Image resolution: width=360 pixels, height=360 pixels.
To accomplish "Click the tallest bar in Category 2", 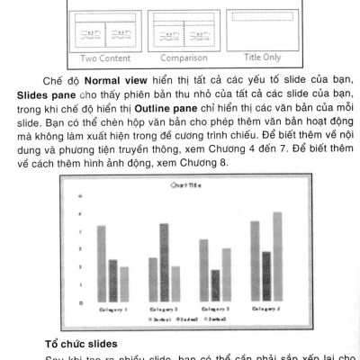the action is pos(164,262).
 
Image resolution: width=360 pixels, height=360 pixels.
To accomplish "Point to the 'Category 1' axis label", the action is pos(112,310).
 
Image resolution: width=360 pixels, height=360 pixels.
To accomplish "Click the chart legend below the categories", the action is pos(190,320).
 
